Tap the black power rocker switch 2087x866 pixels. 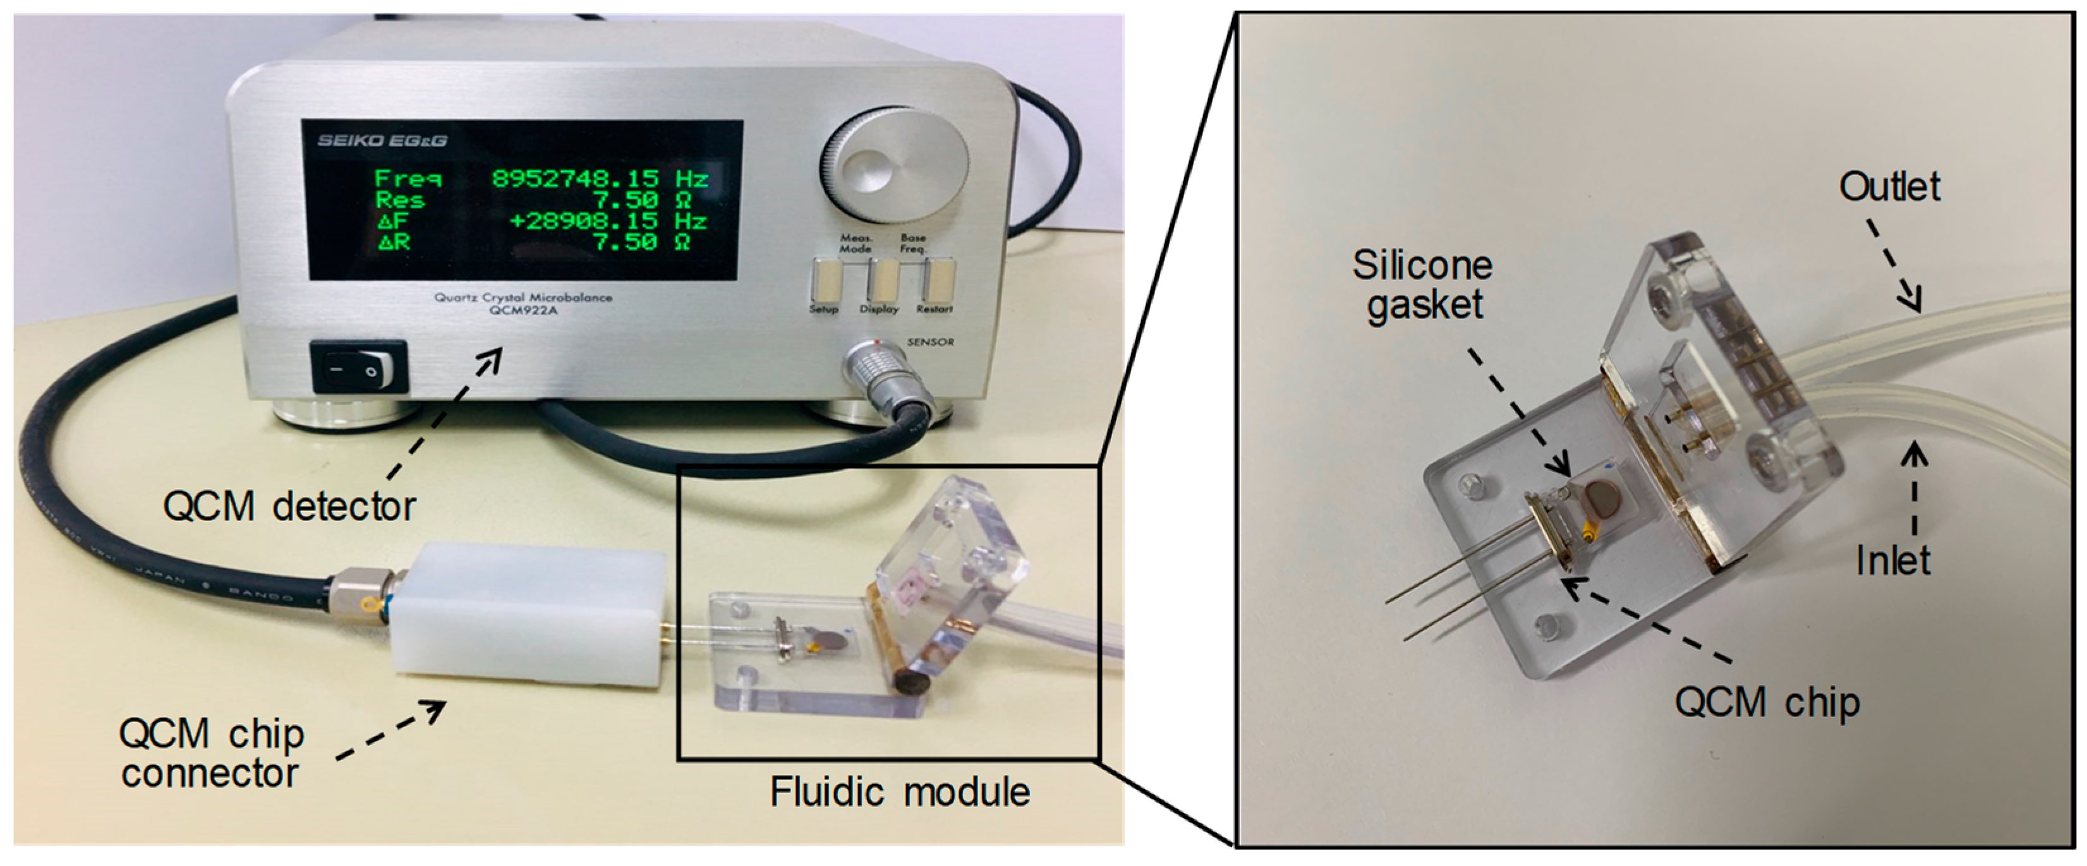tap(360, 370)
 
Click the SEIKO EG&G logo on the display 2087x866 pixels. tap(382, 140)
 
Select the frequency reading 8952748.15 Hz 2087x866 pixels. tap(600, 178)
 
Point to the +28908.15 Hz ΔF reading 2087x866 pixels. tap(608, 220)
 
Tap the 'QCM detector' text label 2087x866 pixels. tap(289, 507)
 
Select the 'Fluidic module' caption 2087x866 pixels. tap(899, 791)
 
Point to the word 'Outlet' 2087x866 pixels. tap(1889, 187)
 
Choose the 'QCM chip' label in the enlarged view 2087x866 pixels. tap(1766, 702)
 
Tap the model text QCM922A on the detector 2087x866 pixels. tap(523, 310)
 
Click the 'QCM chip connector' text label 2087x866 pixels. tap(212, 754)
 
